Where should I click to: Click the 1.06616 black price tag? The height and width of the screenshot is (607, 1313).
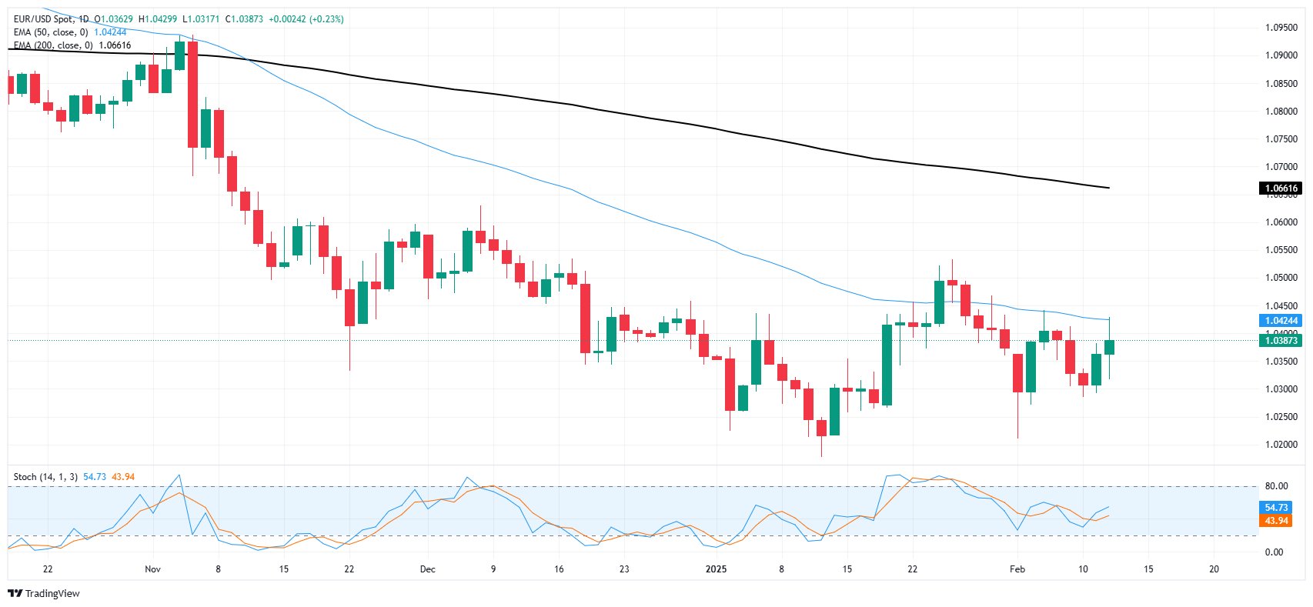click(x=1281, y=188)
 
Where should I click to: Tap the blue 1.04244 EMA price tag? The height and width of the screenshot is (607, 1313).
click(x=1281, y=321)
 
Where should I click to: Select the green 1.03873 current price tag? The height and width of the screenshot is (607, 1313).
click(x=1281, y=341)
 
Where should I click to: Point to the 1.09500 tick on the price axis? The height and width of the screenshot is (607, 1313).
click(x=1281, y=28)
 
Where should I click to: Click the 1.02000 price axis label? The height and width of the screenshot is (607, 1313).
click(x=1281, y=445)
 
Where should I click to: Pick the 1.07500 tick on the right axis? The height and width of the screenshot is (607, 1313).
click(x=1281, y=139)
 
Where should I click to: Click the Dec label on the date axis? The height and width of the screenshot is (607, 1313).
click(x=427, y=569)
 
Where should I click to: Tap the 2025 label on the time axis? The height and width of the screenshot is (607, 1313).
click(x=716, y=569)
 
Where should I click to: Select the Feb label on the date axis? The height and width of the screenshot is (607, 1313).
click(x=1017, y=569)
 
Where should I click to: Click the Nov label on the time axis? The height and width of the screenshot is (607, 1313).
click(x=152, y=569)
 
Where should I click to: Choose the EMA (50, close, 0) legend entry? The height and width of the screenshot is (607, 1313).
click(x=51, y=32)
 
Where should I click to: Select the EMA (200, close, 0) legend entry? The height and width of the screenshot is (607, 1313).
click(x=53, y=45)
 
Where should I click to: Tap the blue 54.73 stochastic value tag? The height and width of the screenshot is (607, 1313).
click(x=1276, y=508)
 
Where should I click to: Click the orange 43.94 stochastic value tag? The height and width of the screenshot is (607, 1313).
click(x=1276, y=521)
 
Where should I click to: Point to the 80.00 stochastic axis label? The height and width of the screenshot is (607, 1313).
click(x=1275, y=486)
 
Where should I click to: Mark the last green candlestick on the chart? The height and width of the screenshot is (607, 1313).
click(x=1109, y=347)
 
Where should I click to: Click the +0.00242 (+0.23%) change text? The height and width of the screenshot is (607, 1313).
click(x=306, y=19)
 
